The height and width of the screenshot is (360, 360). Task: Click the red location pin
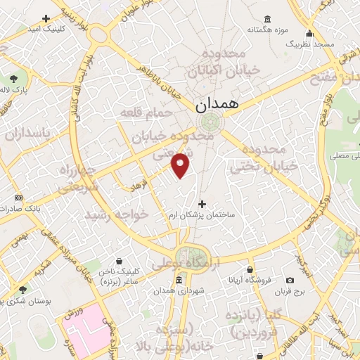[181, 164]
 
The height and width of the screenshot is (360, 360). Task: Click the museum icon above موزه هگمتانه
[266, 19]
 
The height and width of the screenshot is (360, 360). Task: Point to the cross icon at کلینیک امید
[46, 18]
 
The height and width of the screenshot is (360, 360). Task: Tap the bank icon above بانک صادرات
[18, 198]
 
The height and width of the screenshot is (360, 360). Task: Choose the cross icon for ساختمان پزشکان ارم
[202, 203]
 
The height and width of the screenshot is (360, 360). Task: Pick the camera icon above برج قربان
[291, 280]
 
